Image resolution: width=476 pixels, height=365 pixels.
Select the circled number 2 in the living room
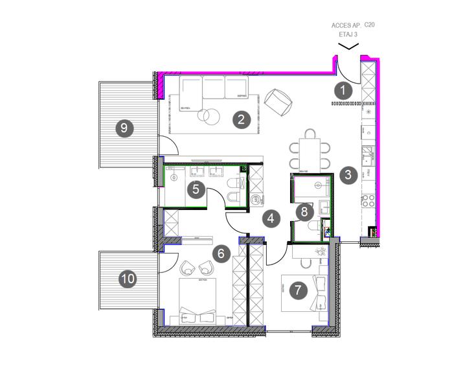tap(241, 119)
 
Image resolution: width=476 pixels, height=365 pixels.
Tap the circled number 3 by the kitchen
tap(348, 174)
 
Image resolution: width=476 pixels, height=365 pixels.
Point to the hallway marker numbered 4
tap(271, 218)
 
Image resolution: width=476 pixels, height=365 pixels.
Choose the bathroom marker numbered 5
tap(196, 189)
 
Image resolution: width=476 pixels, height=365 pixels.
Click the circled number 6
tap(221, 253)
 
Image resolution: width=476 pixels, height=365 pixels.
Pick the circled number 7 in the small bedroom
tap(297, 290)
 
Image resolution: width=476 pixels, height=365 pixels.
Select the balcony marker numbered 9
tap(123, 128)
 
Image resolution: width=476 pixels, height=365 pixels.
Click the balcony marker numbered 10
tap(128, 279)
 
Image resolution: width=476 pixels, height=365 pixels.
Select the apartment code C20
tap(370, 24)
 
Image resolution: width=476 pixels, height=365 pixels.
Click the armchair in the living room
tap(278, 100)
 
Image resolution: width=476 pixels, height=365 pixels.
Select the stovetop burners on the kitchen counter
tap(368, 200)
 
